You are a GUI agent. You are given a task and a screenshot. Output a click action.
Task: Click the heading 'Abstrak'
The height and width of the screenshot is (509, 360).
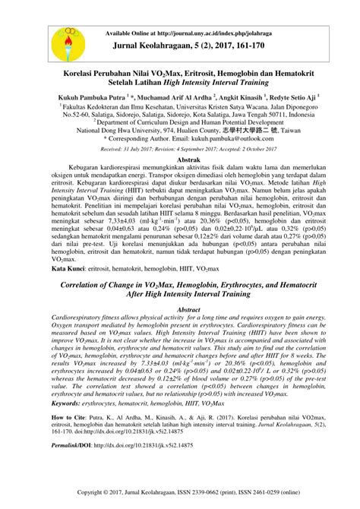pos(188,162)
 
